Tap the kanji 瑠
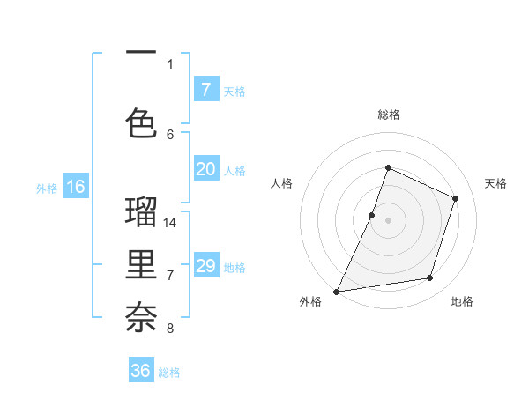tap(141, 213)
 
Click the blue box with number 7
tap(205, 89)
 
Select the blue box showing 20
tap(205, 169)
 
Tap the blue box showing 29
tap(205, 266)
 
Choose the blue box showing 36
tap(141, 371)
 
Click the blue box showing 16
tap(76, 187)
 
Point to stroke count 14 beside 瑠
tap(171, 222)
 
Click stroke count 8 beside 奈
tap(170, 329)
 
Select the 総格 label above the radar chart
tap(388, 115)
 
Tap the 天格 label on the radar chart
tap(495, 183)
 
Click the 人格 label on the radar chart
tap(281, 183)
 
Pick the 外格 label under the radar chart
tap(310, 301)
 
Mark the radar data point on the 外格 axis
tap(336, 291)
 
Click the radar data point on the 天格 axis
tap(456, 198)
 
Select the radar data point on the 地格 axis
tap(430, 278)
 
